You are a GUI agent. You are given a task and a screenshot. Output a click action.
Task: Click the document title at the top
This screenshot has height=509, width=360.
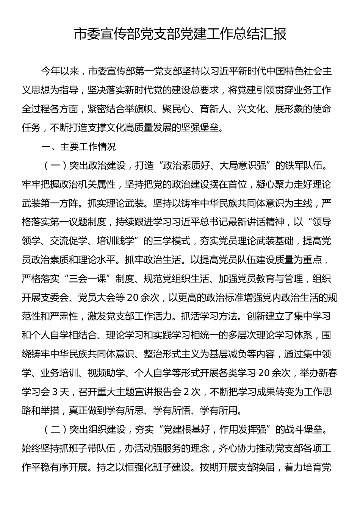click(180, 34)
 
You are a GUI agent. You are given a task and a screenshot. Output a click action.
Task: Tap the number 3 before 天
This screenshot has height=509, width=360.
click(54, 392)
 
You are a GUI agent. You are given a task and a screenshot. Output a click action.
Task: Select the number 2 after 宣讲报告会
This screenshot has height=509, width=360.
click(186, 392)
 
